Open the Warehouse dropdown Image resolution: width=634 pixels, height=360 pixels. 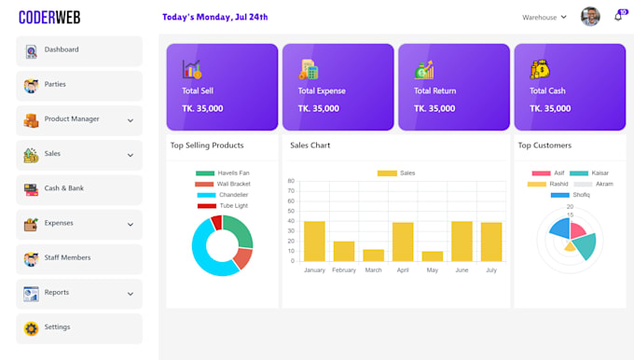click(544, 17)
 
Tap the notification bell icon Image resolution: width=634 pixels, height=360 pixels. click(618, 17)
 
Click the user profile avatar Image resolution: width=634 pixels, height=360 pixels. click(590, 17)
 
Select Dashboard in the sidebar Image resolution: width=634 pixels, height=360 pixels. click(62, 50)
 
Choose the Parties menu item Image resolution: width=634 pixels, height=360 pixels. click(55, 85)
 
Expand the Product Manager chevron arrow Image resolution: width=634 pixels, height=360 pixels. click(131, 120)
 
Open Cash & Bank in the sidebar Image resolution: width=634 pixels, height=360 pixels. click(63, 189)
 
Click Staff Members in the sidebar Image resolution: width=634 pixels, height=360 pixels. click(67, 258)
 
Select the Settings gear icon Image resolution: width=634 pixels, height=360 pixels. click(31, 328)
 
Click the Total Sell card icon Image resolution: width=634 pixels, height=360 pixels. click(192, 69)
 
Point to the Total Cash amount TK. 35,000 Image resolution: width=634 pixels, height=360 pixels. click(550, 109)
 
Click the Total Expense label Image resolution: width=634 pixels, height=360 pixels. click(322, 91)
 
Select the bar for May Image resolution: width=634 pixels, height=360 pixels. click(432, 256)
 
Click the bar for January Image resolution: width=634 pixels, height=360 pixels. click(314, 241)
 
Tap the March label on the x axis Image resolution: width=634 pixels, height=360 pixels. click(373, 270)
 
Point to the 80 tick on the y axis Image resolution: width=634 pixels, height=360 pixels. click(291, 181)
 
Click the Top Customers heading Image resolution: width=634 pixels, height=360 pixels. click(544, 145)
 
